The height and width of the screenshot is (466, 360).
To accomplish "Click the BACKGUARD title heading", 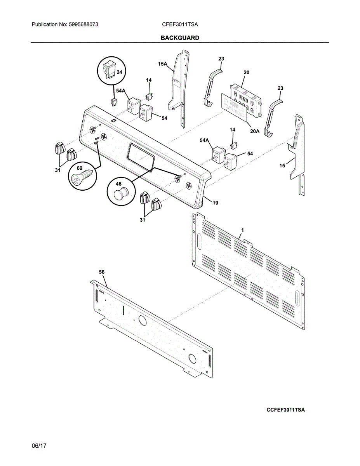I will pos(180,38).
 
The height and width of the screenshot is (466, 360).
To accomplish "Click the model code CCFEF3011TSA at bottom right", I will pos(285,410).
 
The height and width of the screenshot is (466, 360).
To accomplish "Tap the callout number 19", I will pos(215,202).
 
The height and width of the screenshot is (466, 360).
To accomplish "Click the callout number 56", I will pos(102,272).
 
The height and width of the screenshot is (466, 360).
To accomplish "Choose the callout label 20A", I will pos(254,131).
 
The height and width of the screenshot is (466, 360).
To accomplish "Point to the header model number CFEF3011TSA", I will pos(180,24).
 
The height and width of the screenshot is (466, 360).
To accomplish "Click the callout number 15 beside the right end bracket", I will pos(282,165).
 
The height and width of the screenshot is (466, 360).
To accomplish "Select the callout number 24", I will pos(119,72).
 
